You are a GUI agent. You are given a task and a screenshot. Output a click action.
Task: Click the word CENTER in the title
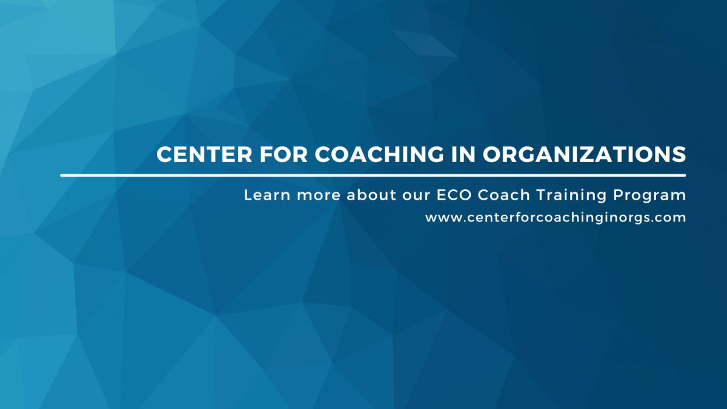(204, 154)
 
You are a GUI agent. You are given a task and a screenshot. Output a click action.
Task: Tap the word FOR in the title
(284, 154)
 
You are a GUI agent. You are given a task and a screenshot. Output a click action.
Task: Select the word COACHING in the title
(379, 154)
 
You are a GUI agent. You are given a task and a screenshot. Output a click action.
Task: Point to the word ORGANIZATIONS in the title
(585, 154)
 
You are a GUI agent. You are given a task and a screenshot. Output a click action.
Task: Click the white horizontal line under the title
(373, 175)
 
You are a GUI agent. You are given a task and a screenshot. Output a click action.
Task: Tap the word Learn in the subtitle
(267, 195)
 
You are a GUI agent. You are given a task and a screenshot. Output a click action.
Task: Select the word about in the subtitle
(371, 195)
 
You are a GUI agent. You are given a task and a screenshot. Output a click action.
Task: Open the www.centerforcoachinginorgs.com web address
(556, 218)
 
